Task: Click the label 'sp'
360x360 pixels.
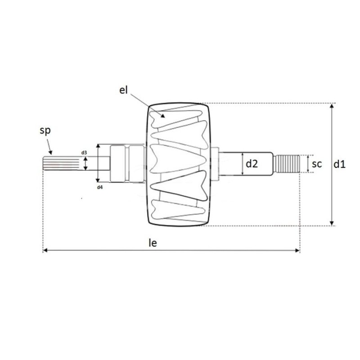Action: [x=45, y=131]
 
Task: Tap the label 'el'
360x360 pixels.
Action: [x=124, y=90]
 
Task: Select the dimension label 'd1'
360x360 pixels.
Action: [x=339, y=164]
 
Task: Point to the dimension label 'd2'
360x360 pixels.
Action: [x=252, y=164]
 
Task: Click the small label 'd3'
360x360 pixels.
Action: [x=84, y=153]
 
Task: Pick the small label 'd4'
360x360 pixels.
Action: [x=100, y=186]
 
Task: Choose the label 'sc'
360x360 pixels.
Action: [x=317, y=164]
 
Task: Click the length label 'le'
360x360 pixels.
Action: [x=153, y=243]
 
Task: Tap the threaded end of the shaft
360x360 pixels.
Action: [x=288, y=164]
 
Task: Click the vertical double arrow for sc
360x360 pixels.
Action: [x=308, y=164]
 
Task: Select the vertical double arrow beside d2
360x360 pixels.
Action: [x=243, y=164]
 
